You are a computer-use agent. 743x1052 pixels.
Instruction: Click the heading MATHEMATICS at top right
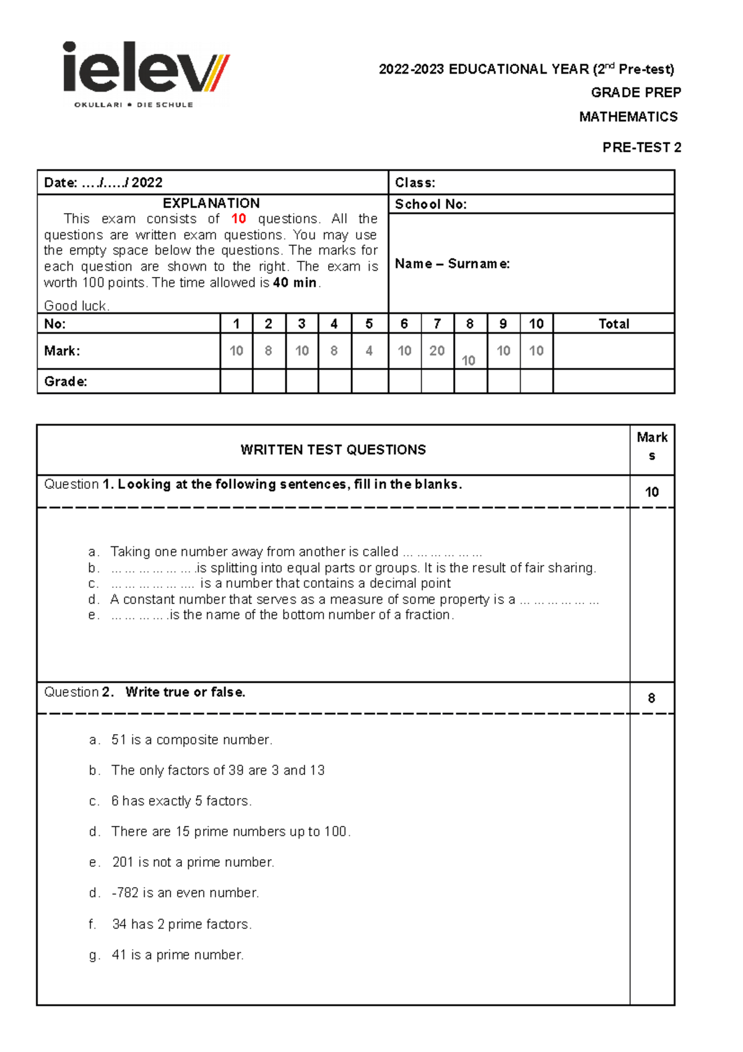(628, 116)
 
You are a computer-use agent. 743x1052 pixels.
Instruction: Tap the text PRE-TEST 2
(641, 147)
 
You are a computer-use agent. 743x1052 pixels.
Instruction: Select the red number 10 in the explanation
(238, 219)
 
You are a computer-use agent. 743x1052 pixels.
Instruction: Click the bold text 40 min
(295, 283)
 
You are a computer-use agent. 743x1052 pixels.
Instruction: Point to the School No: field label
(430, 204)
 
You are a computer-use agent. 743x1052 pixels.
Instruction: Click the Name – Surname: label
(452, 264)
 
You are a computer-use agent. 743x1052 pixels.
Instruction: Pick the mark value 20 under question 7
(437, 351)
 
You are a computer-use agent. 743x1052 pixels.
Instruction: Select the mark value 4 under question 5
(369, 351)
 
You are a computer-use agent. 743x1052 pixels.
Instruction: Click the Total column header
(613, 324)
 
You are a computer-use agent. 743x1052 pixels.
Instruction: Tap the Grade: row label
(65, 382)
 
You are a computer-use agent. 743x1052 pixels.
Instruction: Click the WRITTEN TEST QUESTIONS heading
(333, 450)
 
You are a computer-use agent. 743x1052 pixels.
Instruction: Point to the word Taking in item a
(130, 551)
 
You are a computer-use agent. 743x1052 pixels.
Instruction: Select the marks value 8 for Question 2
(651, 698)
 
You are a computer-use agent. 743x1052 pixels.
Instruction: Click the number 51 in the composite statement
(119, 740)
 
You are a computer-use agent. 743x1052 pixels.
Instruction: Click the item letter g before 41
(93, 955)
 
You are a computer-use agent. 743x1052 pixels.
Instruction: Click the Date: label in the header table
(60, 183)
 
